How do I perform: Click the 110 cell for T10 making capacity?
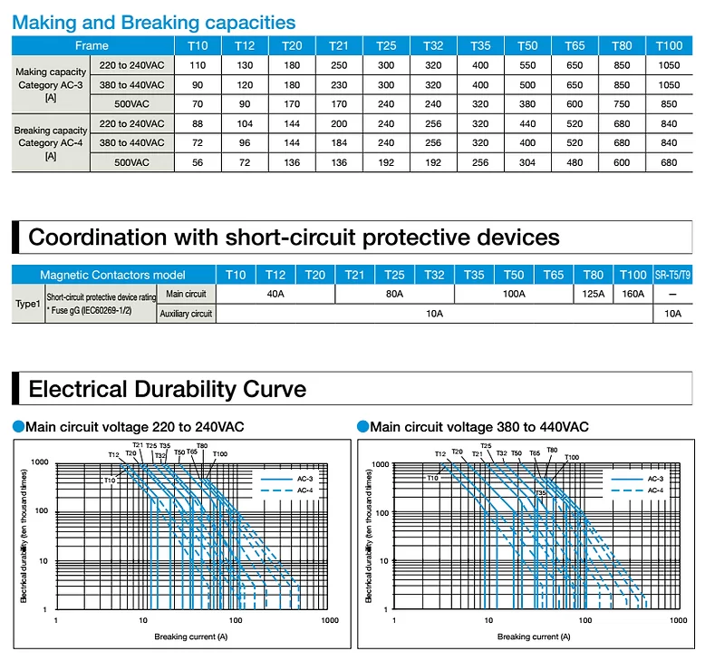198,65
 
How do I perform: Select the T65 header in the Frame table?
575,46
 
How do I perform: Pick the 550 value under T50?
527,65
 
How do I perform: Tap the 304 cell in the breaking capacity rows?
527,162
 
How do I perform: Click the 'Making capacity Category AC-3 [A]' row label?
51,84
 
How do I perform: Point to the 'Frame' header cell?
92,46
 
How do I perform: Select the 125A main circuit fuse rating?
593,294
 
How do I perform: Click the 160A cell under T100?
633,294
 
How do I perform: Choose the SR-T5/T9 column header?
672,275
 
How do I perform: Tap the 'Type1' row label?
28,304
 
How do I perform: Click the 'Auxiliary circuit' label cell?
186,314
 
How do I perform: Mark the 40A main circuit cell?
275,294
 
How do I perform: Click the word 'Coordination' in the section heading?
97,238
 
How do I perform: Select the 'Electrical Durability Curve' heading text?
168,389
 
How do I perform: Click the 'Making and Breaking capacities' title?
154,23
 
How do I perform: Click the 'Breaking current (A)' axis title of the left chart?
191,636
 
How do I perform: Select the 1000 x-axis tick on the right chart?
679,620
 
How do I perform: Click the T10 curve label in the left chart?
110,481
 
